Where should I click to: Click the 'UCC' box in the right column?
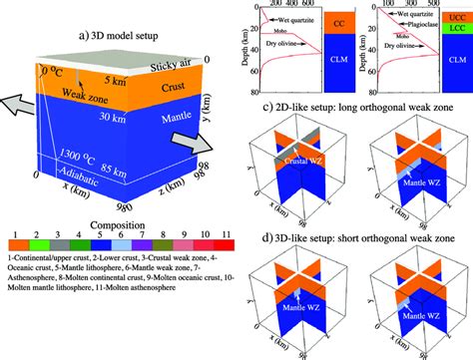(458, 17)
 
